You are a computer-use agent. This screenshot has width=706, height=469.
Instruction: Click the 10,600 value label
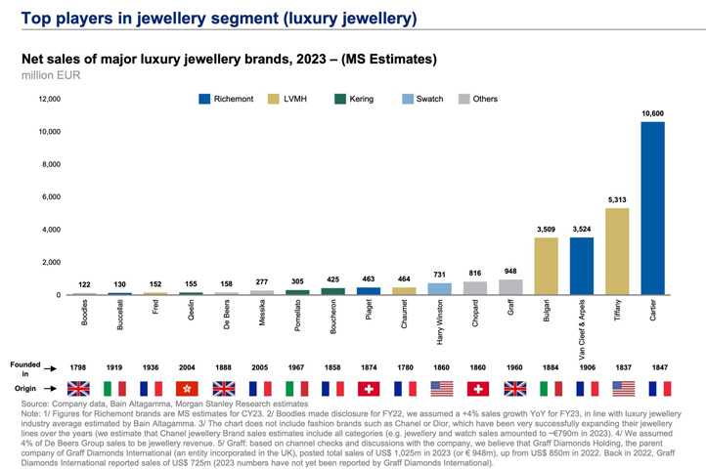[x=653, y=113]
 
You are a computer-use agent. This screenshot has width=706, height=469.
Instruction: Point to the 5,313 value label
[x=617, y=200]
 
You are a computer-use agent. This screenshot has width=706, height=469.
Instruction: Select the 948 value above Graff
[x=511, y=272]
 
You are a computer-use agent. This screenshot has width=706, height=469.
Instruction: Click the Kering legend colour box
[x=341, y=99]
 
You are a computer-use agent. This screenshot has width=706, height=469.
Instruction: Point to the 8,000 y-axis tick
[x=49, y=164]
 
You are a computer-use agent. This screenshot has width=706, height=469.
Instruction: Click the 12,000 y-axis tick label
[x=47, y=99]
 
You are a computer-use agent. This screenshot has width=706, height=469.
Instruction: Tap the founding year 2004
[x=193, y=367]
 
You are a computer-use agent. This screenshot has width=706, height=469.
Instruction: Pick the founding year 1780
[x=405, y=367]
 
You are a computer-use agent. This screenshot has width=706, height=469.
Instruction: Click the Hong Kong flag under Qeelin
[x=193, y=388]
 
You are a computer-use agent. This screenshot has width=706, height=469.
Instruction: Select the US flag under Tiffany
[x=617, y=388]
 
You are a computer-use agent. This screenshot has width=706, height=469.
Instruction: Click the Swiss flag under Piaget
[x=370, y=388]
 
